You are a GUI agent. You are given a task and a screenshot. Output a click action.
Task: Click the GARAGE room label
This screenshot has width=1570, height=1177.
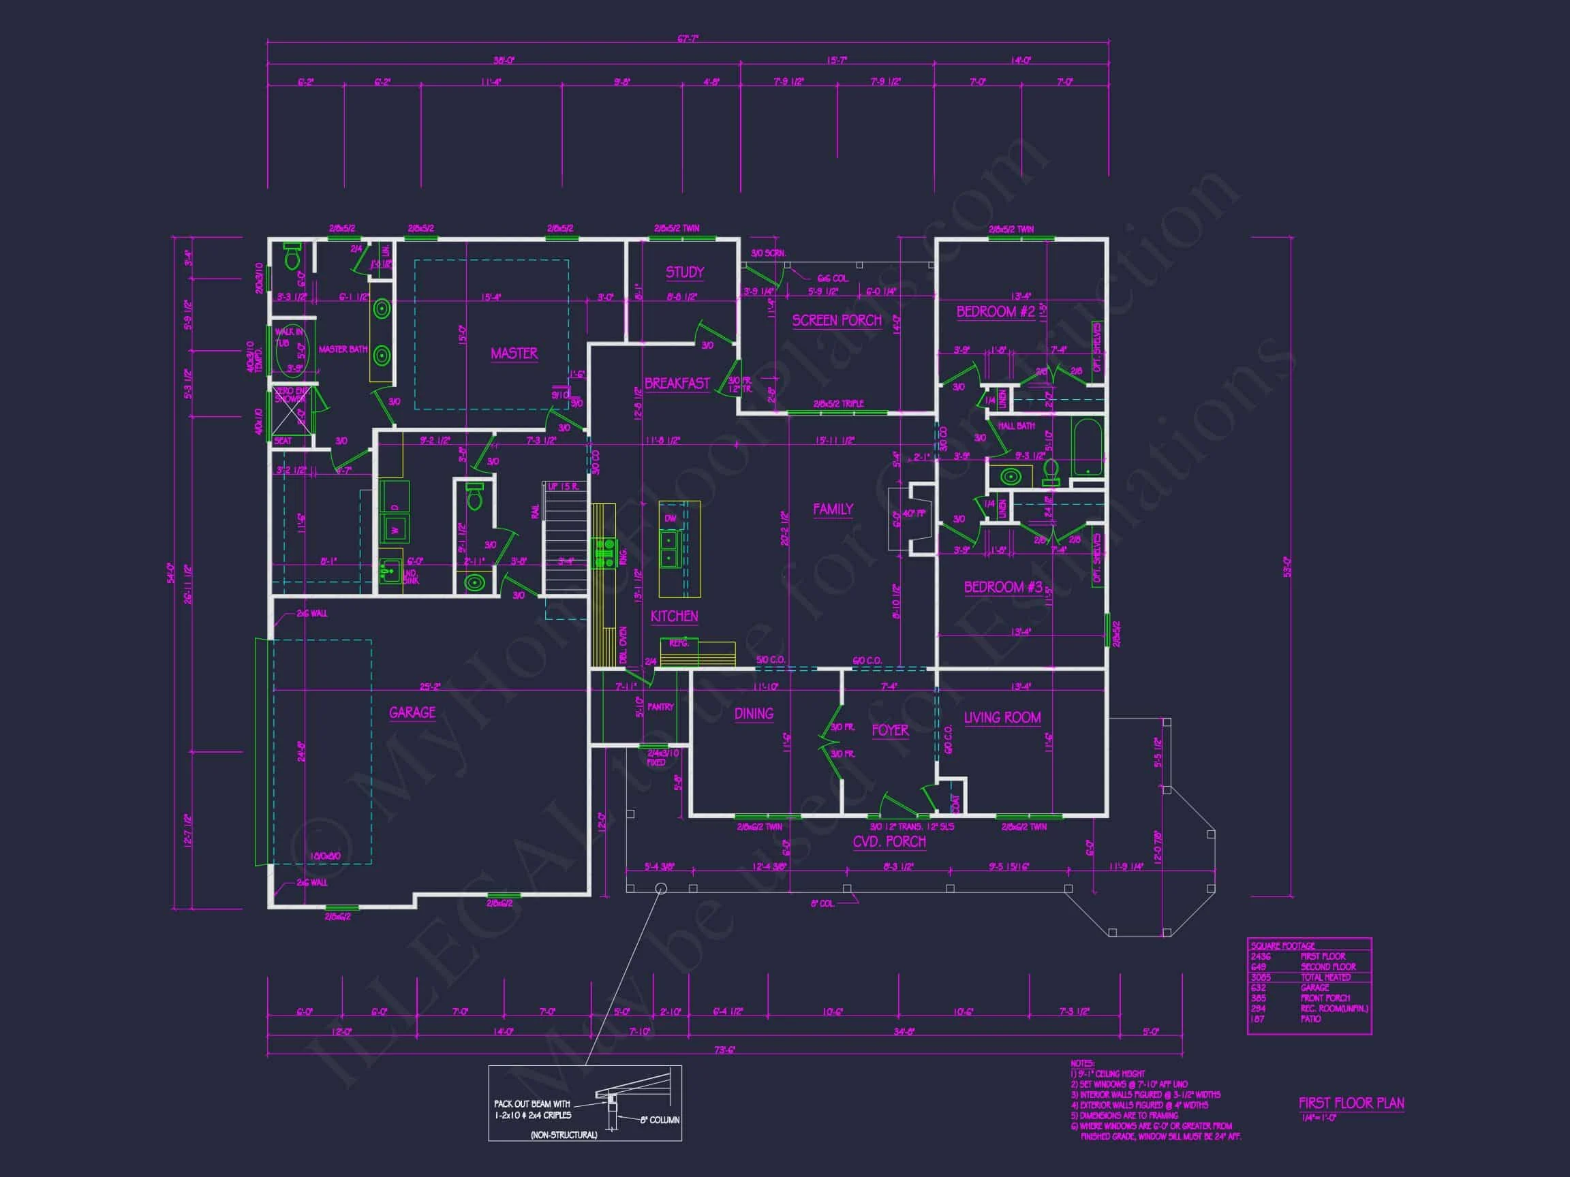pyautogui.click(x=412, y=712)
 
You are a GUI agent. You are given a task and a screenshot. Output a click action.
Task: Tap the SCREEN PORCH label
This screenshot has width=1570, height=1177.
pyautogui.click(x=837, y=321)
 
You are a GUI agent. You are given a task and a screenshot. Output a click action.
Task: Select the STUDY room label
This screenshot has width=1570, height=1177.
pyautogui.click(x=684, y=272)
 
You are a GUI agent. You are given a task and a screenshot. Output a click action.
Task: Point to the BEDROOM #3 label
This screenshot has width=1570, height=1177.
pyautogui.click(x=1002, y=586)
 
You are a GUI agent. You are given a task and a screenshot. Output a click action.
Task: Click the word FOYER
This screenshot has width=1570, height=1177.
pyautogui.click(x=889, y=730)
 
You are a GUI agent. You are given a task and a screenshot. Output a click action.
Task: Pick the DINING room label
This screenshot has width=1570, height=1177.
pyautogui.click(x=753, y=714)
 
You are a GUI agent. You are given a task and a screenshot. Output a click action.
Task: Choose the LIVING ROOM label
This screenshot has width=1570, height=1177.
pyautogui.click(x=1002, y=718)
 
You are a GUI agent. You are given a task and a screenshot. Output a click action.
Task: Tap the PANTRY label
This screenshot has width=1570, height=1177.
pyautogui.click(x=660, y=706)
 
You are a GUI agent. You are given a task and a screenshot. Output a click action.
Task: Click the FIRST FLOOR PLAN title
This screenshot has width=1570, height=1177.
pyautogui.click(x=1351, y=1103)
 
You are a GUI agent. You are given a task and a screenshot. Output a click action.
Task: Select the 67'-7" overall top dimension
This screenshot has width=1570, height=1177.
pyautogui.click(x=687, y=39)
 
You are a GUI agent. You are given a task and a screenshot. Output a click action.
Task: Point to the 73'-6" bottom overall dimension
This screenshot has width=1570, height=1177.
pyautogui.click(x=724, y=1050)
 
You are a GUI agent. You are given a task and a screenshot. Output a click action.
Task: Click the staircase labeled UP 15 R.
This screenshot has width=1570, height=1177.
pyautogui.click(x=566, y=539)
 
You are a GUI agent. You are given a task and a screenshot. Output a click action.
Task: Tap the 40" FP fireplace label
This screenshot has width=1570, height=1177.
pyautogui.click(x=914, y=514)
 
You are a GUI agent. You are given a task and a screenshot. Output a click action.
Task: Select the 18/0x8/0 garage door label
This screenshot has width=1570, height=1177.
pyautogui.click(x=324, y=856)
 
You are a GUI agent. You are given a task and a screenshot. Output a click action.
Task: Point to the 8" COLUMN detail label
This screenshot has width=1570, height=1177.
pyautogui.click(x=660, y=1120)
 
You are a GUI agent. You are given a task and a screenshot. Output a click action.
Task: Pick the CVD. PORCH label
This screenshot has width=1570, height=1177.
pyautogui.click(x=889, y=842)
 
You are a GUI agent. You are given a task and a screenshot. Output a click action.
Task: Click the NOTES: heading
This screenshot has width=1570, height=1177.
pyautogui.click(x=1081, y=1063)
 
